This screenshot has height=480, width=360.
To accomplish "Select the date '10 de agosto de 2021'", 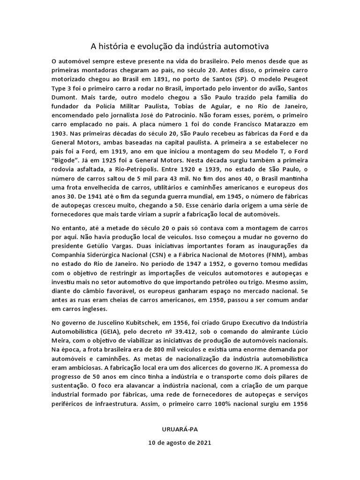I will click(x=180, y=442).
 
